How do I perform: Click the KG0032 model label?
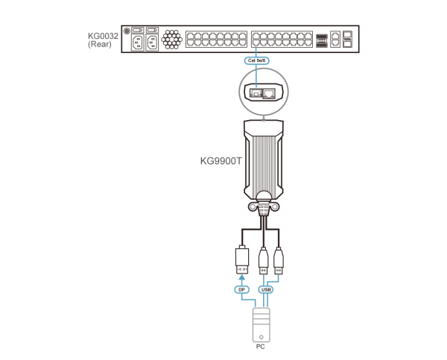(103, 36)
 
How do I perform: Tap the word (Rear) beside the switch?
(100, 44)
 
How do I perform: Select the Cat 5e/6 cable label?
(256, 60)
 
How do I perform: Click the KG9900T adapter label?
(221, 161)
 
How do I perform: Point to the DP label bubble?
(241, 289)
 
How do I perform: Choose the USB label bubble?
(266, 289)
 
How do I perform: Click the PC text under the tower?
(260, 347)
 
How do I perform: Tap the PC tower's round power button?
(261, 337)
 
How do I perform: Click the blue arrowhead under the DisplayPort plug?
(241, 277)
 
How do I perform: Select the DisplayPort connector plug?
(242, 259)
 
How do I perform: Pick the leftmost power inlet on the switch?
(137, 42)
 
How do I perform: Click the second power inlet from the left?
(152, 42)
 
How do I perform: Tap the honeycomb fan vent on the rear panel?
(171, 39)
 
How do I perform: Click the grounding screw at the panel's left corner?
(127, 31)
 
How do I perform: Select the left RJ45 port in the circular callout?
(256, 93)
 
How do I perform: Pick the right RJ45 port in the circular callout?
(269, 93)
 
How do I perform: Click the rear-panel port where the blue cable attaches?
(256, 42)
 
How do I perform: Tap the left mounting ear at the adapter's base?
(252, 206)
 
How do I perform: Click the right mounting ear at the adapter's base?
(274, 206)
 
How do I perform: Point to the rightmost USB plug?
(279, 260)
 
